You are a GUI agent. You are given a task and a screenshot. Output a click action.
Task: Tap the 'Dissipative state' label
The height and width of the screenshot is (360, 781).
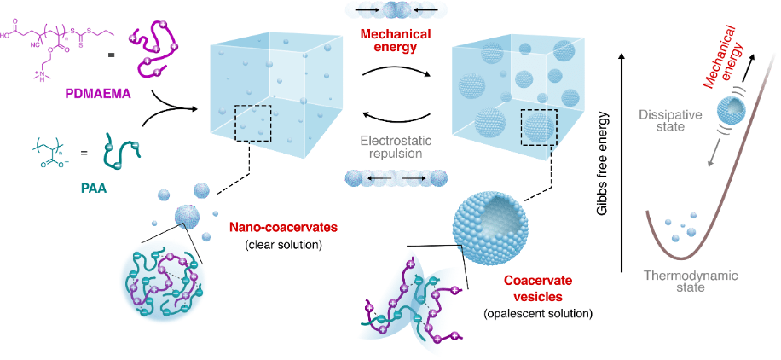[x=677, y=117]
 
